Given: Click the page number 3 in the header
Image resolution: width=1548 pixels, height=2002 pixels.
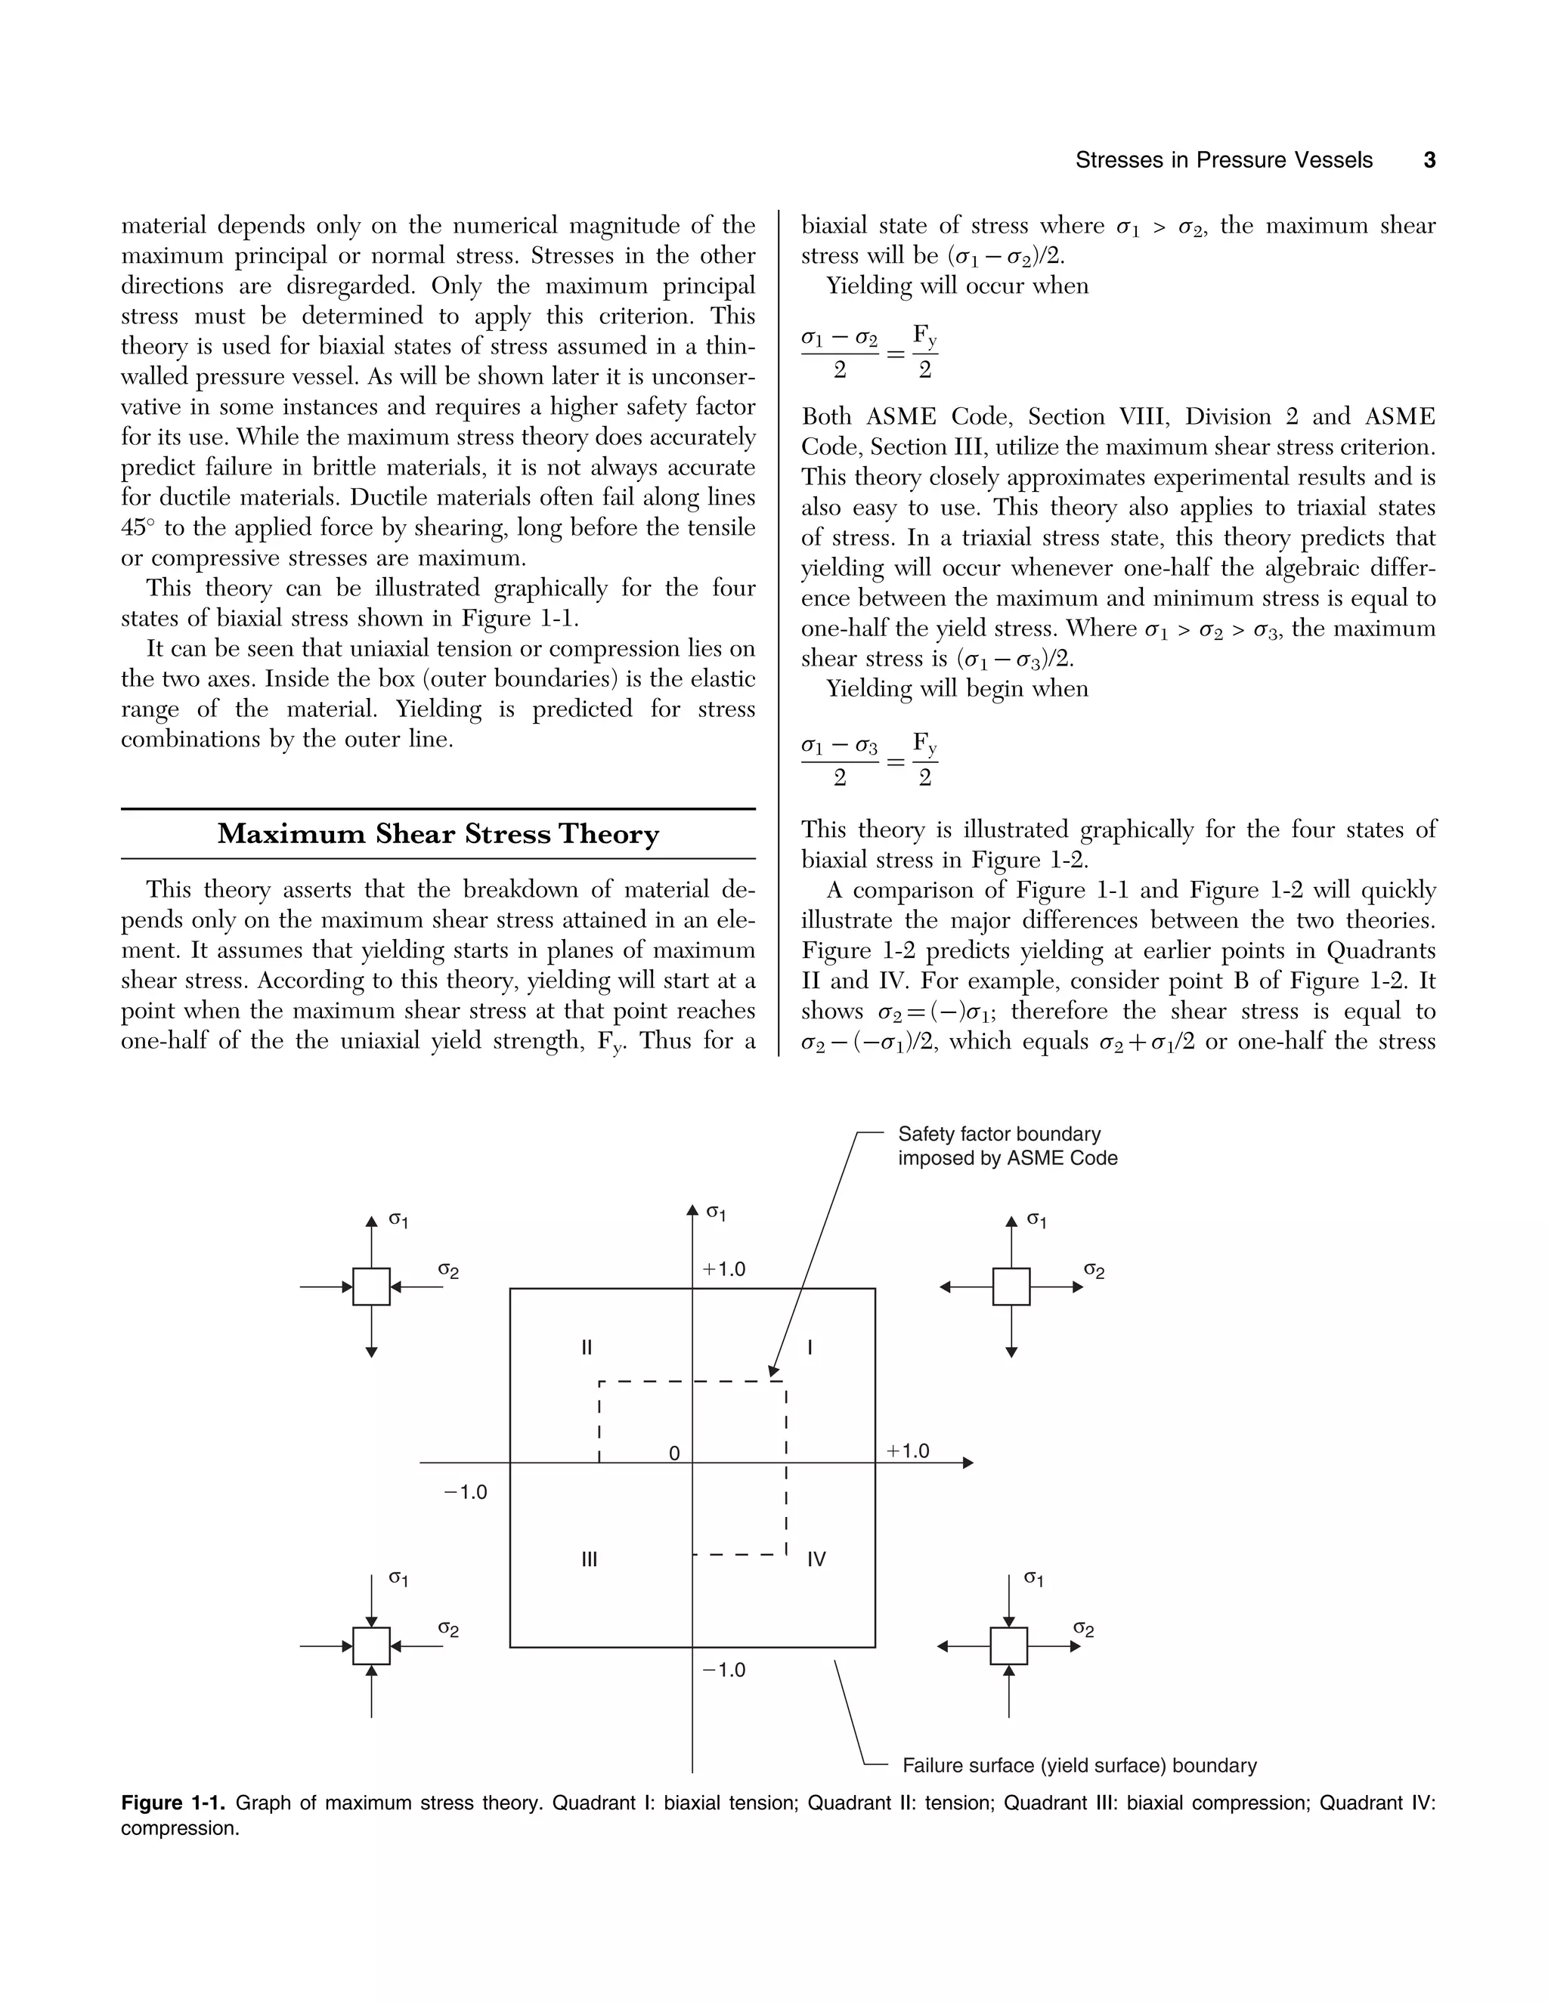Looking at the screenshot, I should tap(1429, 160).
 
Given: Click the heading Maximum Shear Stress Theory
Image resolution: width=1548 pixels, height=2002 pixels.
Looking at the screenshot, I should tap(438, 834).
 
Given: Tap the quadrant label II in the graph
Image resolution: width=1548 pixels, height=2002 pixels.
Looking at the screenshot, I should tap(587, 1348).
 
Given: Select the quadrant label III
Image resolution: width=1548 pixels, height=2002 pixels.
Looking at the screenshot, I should tap(590, 1559).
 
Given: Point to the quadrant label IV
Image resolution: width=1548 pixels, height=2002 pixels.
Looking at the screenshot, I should tap(816, 1559).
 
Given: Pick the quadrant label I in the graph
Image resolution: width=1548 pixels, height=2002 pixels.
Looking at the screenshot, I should tap(810, 1348).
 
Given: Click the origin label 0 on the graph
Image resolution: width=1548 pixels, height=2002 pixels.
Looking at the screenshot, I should tap(674, 1454).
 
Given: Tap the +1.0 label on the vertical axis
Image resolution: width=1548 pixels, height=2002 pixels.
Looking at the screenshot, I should tap(723, 1270).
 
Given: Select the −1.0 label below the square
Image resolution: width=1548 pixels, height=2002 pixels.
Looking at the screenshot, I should tap(723, 1670).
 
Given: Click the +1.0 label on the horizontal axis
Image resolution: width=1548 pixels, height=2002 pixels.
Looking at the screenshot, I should tap(907, 1451).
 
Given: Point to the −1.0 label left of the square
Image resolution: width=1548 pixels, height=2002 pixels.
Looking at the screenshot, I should tap(465, 1492).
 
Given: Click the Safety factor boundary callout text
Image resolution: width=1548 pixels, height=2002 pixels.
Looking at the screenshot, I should tap(1007, 1146).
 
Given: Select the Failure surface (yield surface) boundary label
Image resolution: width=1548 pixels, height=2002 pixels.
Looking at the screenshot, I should tap(1079, 1766).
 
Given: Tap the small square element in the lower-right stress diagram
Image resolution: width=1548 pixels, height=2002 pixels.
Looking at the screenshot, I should tap(1009, 1646).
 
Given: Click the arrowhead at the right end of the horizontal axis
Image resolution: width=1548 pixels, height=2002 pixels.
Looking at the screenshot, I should tap(967, 1463).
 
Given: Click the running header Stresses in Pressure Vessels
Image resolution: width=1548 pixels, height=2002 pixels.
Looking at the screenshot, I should tap(1224, 160).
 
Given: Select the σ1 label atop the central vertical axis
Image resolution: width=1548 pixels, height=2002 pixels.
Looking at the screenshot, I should tap(715, 1212).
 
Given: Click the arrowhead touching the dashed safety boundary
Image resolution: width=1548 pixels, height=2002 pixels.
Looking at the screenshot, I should tap(773, 1370).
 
